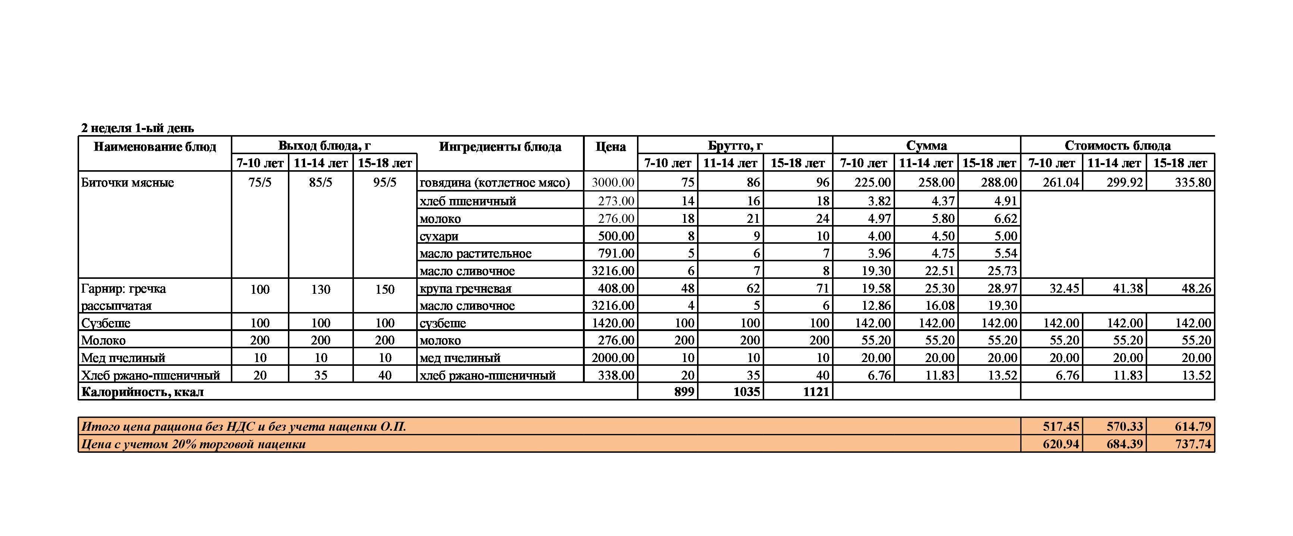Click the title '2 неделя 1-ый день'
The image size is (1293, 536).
pyautogui.click(x=138, y=128)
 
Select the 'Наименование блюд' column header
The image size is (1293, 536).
pyautogui.click(x=155, y=147)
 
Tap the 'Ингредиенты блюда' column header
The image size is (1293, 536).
pyautogui.click(x=500, y=147)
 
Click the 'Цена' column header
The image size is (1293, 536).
pyautogui.click(x=611, y=147)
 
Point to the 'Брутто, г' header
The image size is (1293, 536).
pyautogui.click(x=735, y=146)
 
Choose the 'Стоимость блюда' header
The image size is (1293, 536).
pyautogui.click(x=1117, y=146)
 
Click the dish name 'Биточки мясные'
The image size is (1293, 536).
pyautogui.click(x=128, y=183)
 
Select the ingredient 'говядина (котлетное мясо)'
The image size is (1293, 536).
pyautogui.click(x=495, y=183)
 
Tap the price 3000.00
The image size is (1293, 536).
pyautogui.click(x=613, y=183)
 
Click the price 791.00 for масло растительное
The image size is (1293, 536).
pyautogui.click(x=616, y=253)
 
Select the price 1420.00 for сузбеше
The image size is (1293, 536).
pyautogui.click(x=613, y=323)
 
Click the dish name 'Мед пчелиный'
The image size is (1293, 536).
pyautogui.click(x=123, y=358)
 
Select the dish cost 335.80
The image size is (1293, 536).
pyautogui.click(x=1193, y=183)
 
